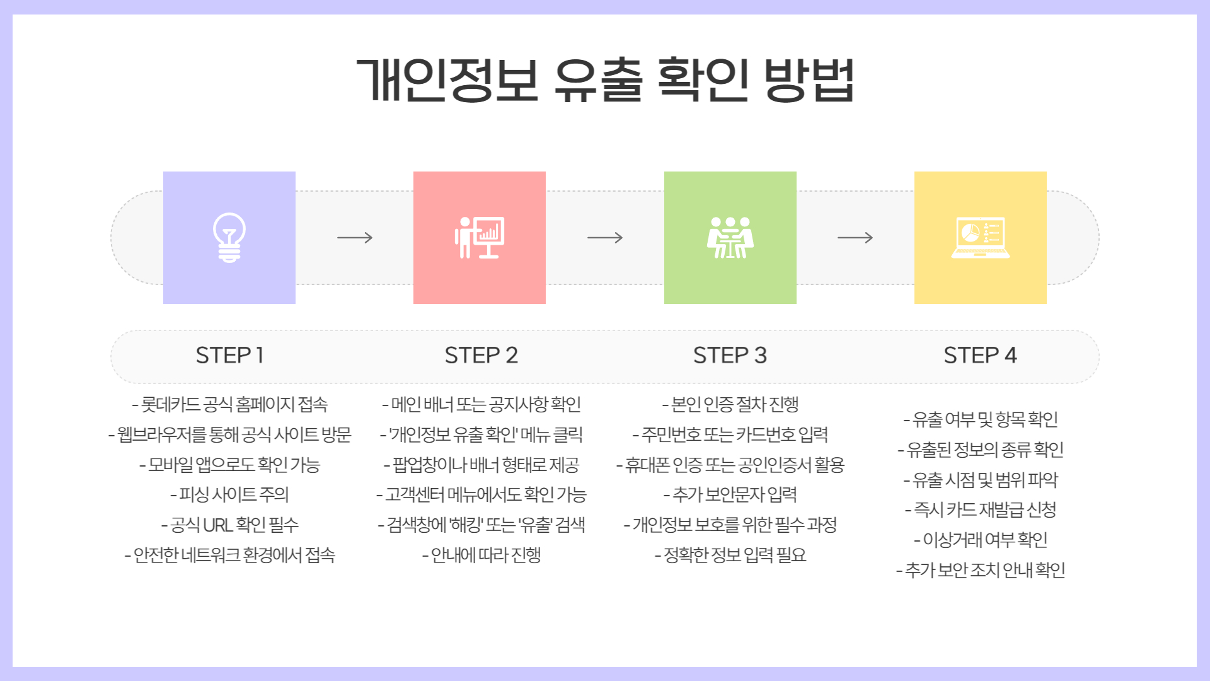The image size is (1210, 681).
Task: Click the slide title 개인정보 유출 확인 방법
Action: point(605,80)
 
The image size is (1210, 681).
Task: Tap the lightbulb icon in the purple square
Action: point(229,238)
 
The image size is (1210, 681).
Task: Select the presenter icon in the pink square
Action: point(480,238)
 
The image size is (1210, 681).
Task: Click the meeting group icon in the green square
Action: point(730,238)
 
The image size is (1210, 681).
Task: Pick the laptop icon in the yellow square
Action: point(980,238)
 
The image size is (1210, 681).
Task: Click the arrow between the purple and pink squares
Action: point(355,238)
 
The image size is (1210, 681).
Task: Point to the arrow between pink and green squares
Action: point(605,238)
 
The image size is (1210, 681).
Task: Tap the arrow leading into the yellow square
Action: point(855,238)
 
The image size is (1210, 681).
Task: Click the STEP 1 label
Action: point(229,356)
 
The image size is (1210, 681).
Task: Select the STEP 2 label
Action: point(481,356)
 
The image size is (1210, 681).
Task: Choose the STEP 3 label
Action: point(730,356)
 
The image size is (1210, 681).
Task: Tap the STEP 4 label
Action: point(980,356)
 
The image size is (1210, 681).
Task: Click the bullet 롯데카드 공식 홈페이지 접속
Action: point(230,404)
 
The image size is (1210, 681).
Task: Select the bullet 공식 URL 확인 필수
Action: point(230,525)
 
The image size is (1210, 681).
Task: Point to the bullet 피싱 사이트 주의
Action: point(230,494)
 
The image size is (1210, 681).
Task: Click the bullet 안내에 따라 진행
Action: point(481,555)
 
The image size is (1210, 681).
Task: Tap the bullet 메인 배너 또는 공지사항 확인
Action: point(481,404)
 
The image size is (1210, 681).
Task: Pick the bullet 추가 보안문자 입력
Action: point(730,494)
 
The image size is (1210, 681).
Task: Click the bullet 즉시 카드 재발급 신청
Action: point(981,509)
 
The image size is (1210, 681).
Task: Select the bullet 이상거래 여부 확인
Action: point(981,540)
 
